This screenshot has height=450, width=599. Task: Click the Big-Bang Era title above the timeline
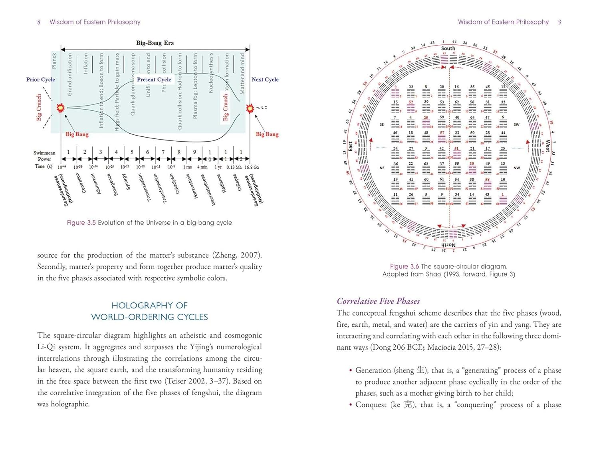[155, 43]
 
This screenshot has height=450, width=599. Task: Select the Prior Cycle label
[40, 80]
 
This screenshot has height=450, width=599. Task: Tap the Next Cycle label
[265, 80]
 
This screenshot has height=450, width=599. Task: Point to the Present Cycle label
[154, 80]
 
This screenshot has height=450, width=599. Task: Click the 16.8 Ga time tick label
[251, 167]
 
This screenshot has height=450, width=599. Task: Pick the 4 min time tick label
[202, 167]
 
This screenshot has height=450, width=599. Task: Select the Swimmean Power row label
[44, 156]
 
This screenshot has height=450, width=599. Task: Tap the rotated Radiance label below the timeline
[224, 184]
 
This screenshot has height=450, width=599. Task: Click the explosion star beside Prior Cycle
[60, 108]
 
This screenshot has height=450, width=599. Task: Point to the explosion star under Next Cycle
[250, 108]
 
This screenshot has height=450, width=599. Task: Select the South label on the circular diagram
[448, 48]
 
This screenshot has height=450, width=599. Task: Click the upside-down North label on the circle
[448, 245]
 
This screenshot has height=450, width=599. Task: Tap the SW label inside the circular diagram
[516, 124]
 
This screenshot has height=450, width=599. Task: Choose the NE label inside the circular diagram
[382, 168]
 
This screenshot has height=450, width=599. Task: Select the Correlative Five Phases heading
[378, 301]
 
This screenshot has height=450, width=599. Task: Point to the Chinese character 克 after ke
[408, 404]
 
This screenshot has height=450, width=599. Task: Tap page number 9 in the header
[559, 22]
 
